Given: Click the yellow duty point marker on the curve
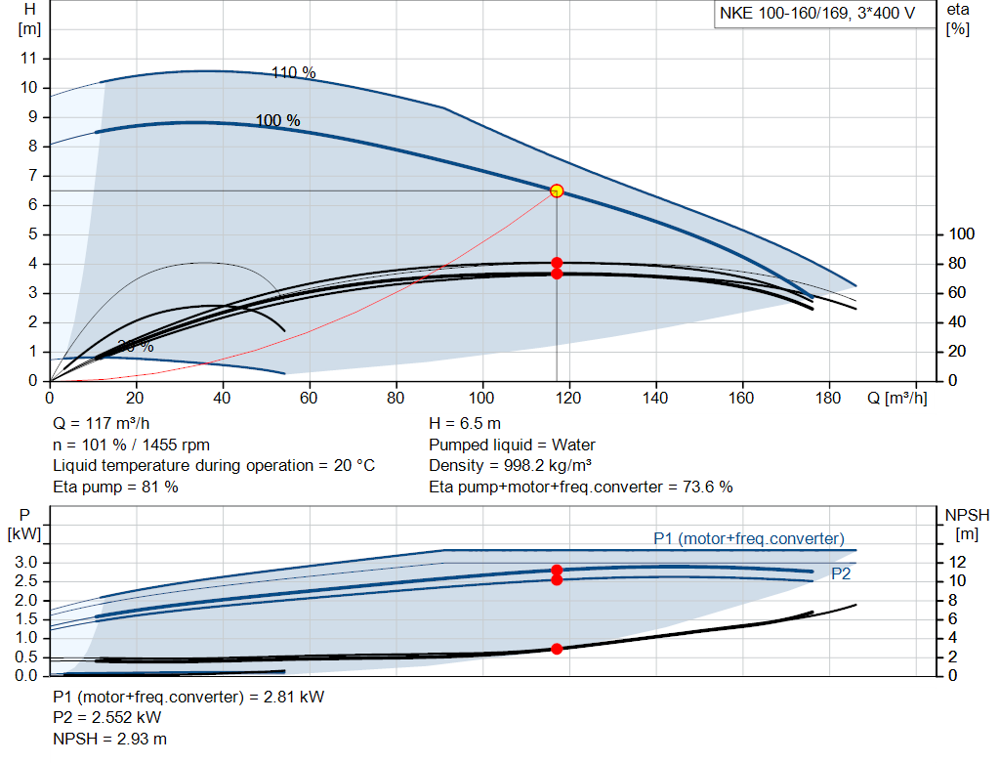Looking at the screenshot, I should click(557, 191).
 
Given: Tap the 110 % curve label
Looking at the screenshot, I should click(294, 72).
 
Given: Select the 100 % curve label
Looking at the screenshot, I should click(278, 121).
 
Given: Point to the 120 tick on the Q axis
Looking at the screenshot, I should click(569, 398).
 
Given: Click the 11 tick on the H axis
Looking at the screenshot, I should click(29, 59).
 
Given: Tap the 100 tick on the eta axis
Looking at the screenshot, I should click(963, 234).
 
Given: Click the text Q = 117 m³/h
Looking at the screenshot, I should click(103, 424).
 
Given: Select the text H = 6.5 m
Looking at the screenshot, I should click(465, 424).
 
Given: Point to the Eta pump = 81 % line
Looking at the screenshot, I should click(115, 486).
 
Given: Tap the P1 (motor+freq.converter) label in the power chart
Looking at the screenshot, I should click(749, 538).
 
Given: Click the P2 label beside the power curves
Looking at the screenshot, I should click(841, 574).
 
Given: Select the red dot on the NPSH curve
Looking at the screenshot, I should click(557, 649).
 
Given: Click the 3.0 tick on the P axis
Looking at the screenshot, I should click(27, 562).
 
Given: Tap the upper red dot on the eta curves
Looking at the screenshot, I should click(557, 263).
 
